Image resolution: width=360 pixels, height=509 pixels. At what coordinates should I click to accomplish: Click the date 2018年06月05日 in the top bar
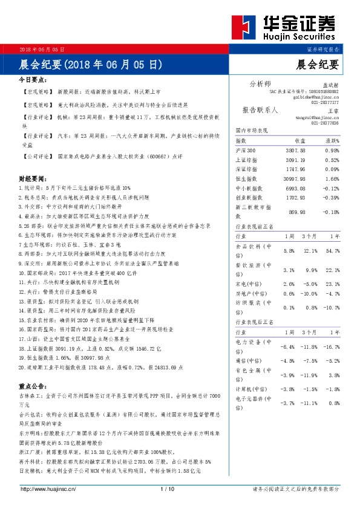point(42,48)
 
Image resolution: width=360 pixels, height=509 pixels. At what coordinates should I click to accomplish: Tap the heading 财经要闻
point(33,180)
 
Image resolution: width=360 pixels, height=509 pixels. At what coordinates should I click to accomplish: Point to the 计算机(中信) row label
point(250,390)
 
